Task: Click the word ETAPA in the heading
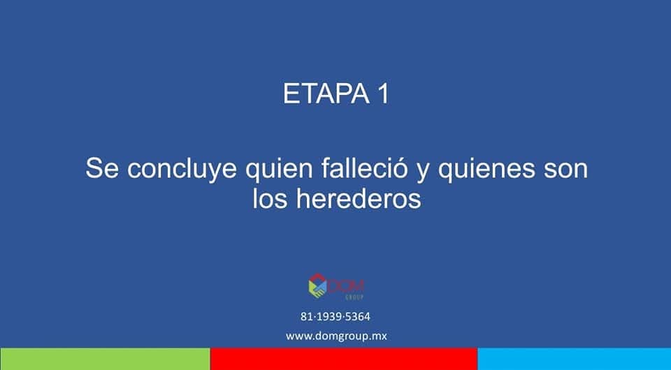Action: pyautogui.click(x=326, y=94)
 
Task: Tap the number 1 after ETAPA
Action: pyautogui.click(x=384, y=94)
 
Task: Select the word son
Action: pyautogui.click(x=565, y=171)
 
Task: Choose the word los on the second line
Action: pyautogui.click(x=270, y=199)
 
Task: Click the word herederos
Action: pyautogui.click(x=359, y=199)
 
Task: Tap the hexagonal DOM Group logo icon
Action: pyautogui.click(x=317, y=286)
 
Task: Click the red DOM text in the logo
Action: pyautogui.click(x=346, y=286)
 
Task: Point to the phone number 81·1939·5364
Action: pyautogui.click(x=335, y=316)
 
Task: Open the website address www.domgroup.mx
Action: pyautogui.click(x=336, y=336)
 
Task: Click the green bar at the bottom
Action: pyautogui.click(x=105, y=359)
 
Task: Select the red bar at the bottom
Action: pyautogui.click(x=344, y=359)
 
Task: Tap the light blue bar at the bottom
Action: pyautogui.click(x=575, y=359)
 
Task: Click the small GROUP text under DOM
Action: pyautogui.click(x=354, y=297)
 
